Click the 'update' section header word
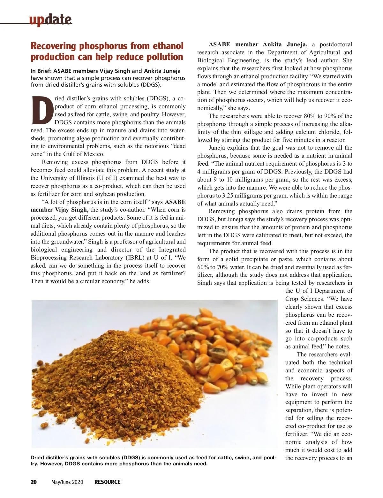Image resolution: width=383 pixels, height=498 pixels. tap(50, 20)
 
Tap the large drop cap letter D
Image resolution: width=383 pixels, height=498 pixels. tap(42, 110)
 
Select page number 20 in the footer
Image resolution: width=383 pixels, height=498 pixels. tap(34, 482)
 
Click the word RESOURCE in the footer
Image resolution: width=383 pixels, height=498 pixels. tap(107, 482)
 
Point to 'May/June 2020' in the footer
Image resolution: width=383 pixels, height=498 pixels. tap(67, 482)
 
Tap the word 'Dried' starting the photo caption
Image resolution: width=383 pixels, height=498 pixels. tap(38, 458)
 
